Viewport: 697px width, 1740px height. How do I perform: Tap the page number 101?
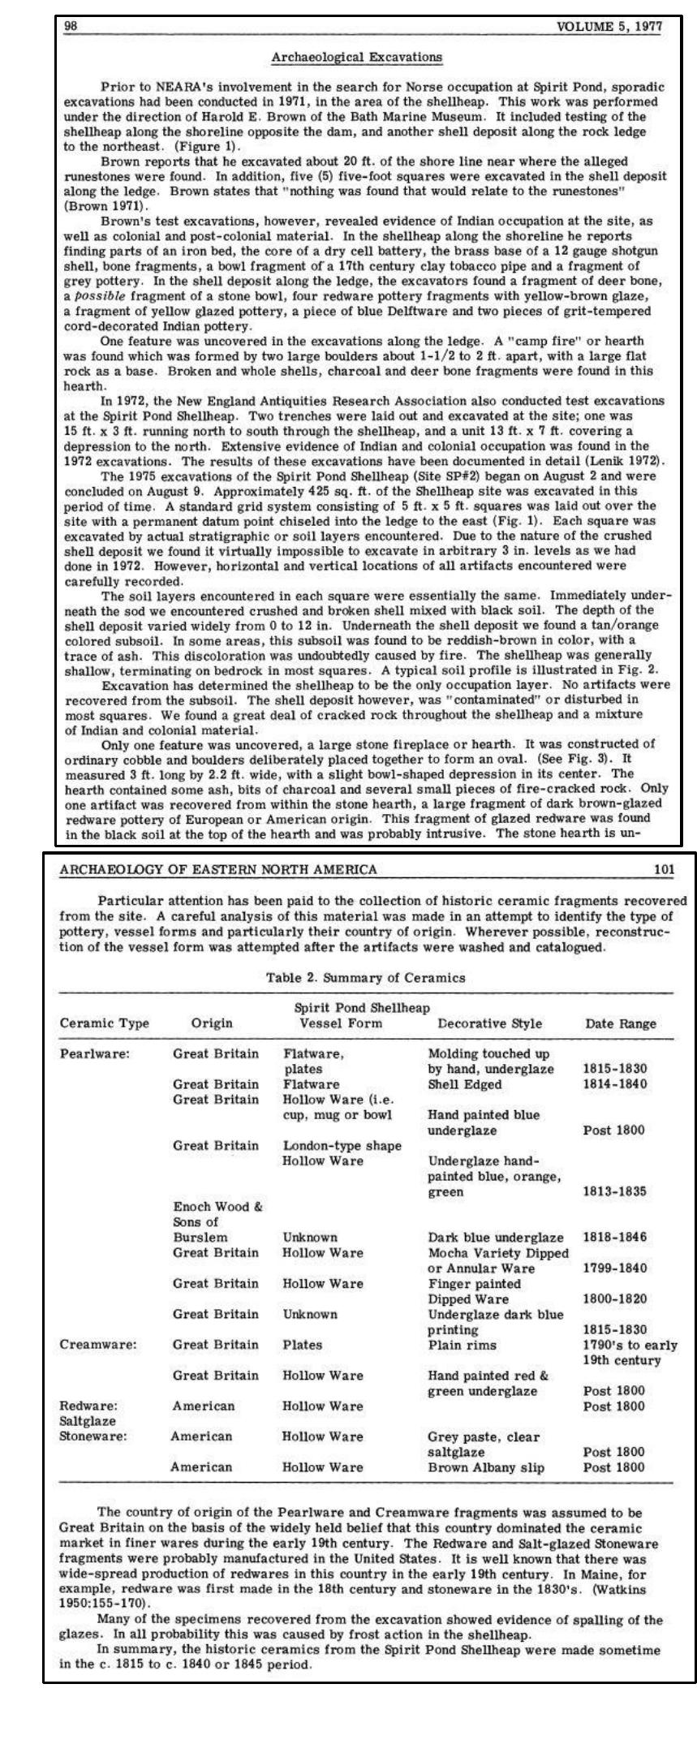(x=664, y=869)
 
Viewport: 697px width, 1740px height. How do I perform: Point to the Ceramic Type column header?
(x=105, y=1023)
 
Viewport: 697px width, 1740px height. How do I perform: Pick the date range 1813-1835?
(x=615, y=1192)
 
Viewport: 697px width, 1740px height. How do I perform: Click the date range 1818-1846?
(x=615, y=1238)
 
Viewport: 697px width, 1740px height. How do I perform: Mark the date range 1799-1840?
(x=615, y=1268)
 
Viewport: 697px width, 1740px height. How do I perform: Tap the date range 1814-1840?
(x=615, y=1084)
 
